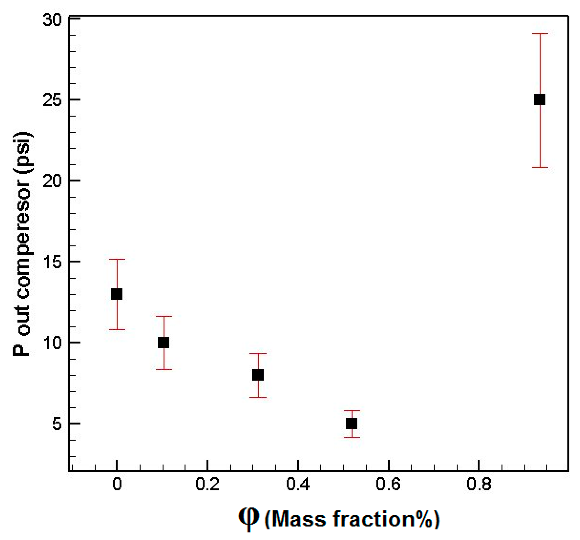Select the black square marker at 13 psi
(117, 294)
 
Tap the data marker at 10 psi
(163, 343)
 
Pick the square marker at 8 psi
(258, 375)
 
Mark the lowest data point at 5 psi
(352, 424)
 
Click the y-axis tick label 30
(52, 20)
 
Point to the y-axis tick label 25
(52, 101)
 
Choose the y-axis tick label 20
(52, 181)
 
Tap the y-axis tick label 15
(52, 262)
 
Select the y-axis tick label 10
(52, 343)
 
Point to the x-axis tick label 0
(117, 484)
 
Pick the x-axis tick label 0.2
(207, 484)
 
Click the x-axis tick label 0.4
(298, 484)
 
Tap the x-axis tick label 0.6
(388, 484)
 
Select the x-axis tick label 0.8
(479, 484)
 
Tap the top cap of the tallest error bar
(540, 34)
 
